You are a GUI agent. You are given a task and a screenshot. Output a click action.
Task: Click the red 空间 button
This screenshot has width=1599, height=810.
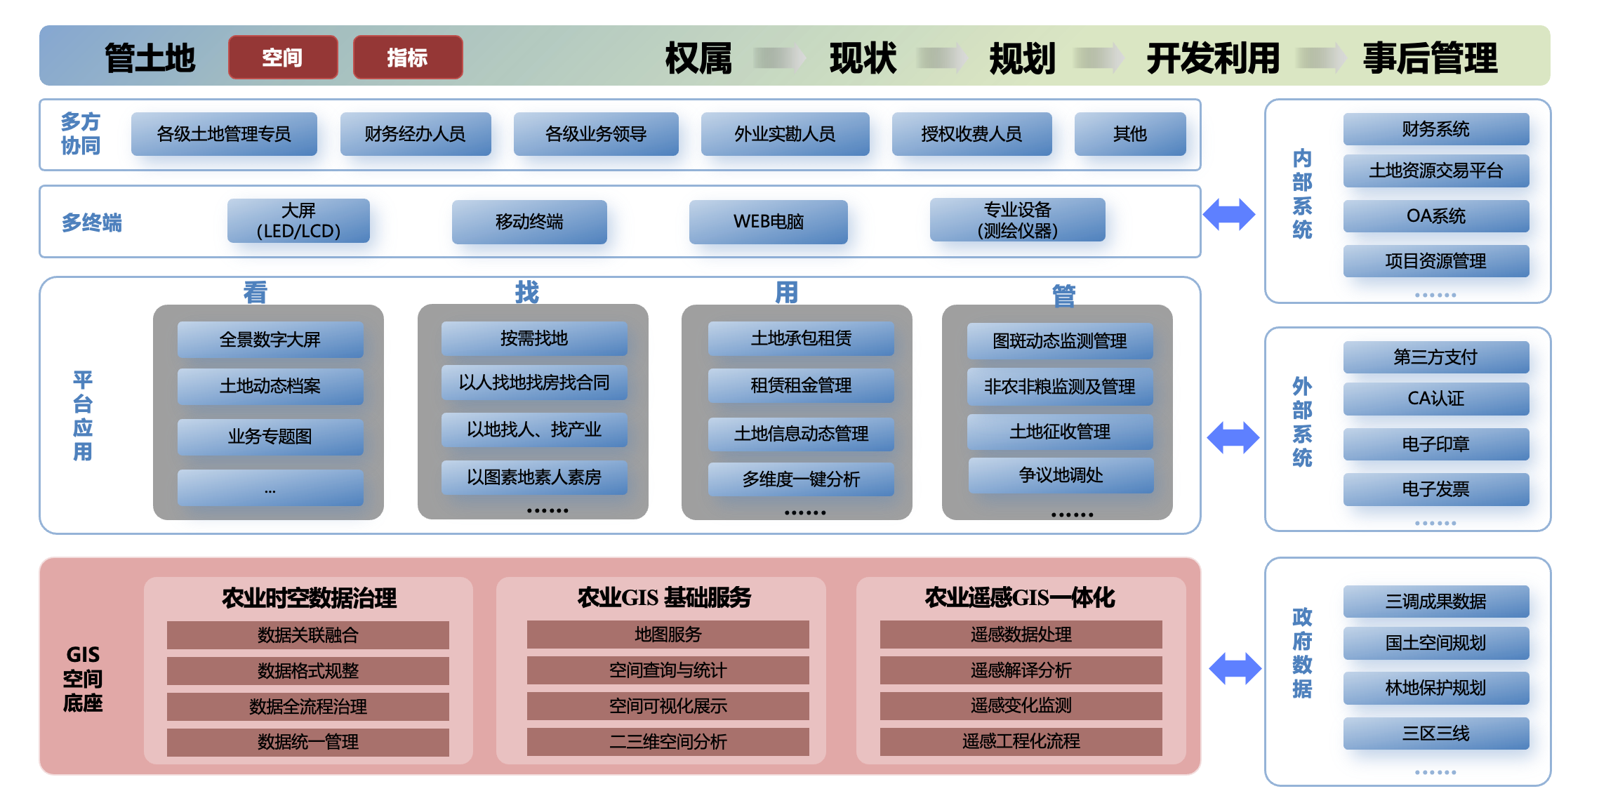(283, 58)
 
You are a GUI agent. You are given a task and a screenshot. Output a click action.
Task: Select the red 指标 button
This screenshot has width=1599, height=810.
(408, 58)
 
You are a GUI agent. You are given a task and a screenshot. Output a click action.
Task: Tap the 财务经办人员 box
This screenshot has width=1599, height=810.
(415, 134)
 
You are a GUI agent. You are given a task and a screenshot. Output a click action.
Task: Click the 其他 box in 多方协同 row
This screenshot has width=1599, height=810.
(1129, 134)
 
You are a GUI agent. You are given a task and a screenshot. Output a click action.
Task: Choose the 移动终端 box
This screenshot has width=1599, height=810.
(529, 222)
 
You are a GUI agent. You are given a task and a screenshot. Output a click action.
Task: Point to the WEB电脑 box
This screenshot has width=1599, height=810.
(768, 222)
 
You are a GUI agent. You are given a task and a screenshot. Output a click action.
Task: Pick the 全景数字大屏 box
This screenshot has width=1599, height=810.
(270, 340)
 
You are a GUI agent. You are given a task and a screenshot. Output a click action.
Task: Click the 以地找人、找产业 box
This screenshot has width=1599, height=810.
(534, 430)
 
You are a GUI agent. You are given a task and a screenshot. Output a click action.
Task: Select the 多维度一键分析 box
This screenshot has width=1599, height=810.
(801, 479)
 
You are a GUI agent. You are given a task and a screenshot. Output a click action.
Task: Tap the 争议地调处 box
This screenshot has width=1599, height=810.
(1061, 476)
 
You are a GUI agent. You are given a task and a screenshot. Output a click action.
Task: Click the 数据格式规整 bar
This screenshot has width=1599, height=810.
(308, 671)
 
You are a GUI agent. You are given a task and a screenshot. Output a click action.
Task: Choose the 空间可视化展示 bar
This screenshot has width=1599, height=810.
(668, 706)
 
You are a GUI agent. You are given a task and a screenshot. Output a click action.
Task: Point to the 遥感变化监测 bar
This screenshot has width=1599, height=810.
(1021, 705)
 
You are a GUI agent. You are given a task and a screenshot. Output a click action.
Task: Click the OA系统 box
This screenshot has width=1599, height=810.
(1435, 216)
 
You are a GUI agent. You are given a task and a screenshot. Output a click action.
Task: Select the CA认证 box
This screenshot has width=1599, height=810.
(1435, 399)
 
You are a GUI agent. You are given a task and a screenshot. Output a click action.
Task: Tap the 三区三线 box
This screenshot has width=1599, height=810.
(1435, 733)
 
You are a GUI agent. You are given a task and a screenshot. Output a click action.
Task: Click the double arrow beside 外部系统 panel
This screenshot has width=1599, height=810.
(1233, 437)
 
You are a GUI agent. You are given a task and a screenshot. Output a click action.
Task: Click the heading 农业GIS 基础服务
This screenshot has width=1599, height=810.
(664, 597)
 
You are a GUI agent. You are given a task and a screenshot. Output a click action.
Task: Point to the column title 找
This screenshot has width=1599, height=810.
(527, 292)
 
